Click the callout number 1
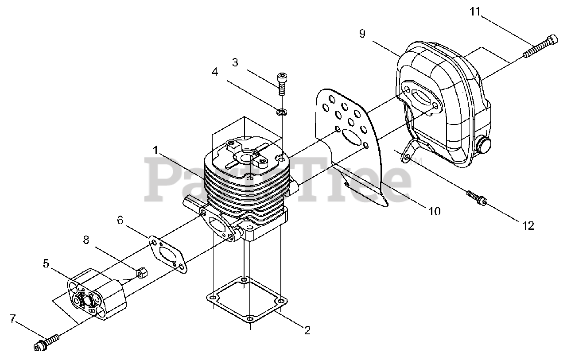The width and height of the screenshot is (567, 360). pyautogui.click(x=155, y=151)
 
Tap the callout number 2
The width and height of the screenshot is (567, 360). pyautogui.click(x=307, y=330)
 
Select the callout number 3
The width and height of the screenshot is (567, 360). pyautogui.click(x=235, y=62)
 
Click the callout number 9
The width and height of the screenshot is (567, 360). pyautogui.click(x=362, y=34)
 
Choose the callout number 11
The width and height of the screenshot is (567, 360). pyautogui.click(x=475, y=12)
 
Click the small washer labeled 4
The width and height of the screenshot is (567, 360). pyautogui.click(x=280, y=112)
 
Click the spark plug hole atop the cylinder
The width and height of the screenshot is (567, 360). pyautogui.click(x=244, y=155)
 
